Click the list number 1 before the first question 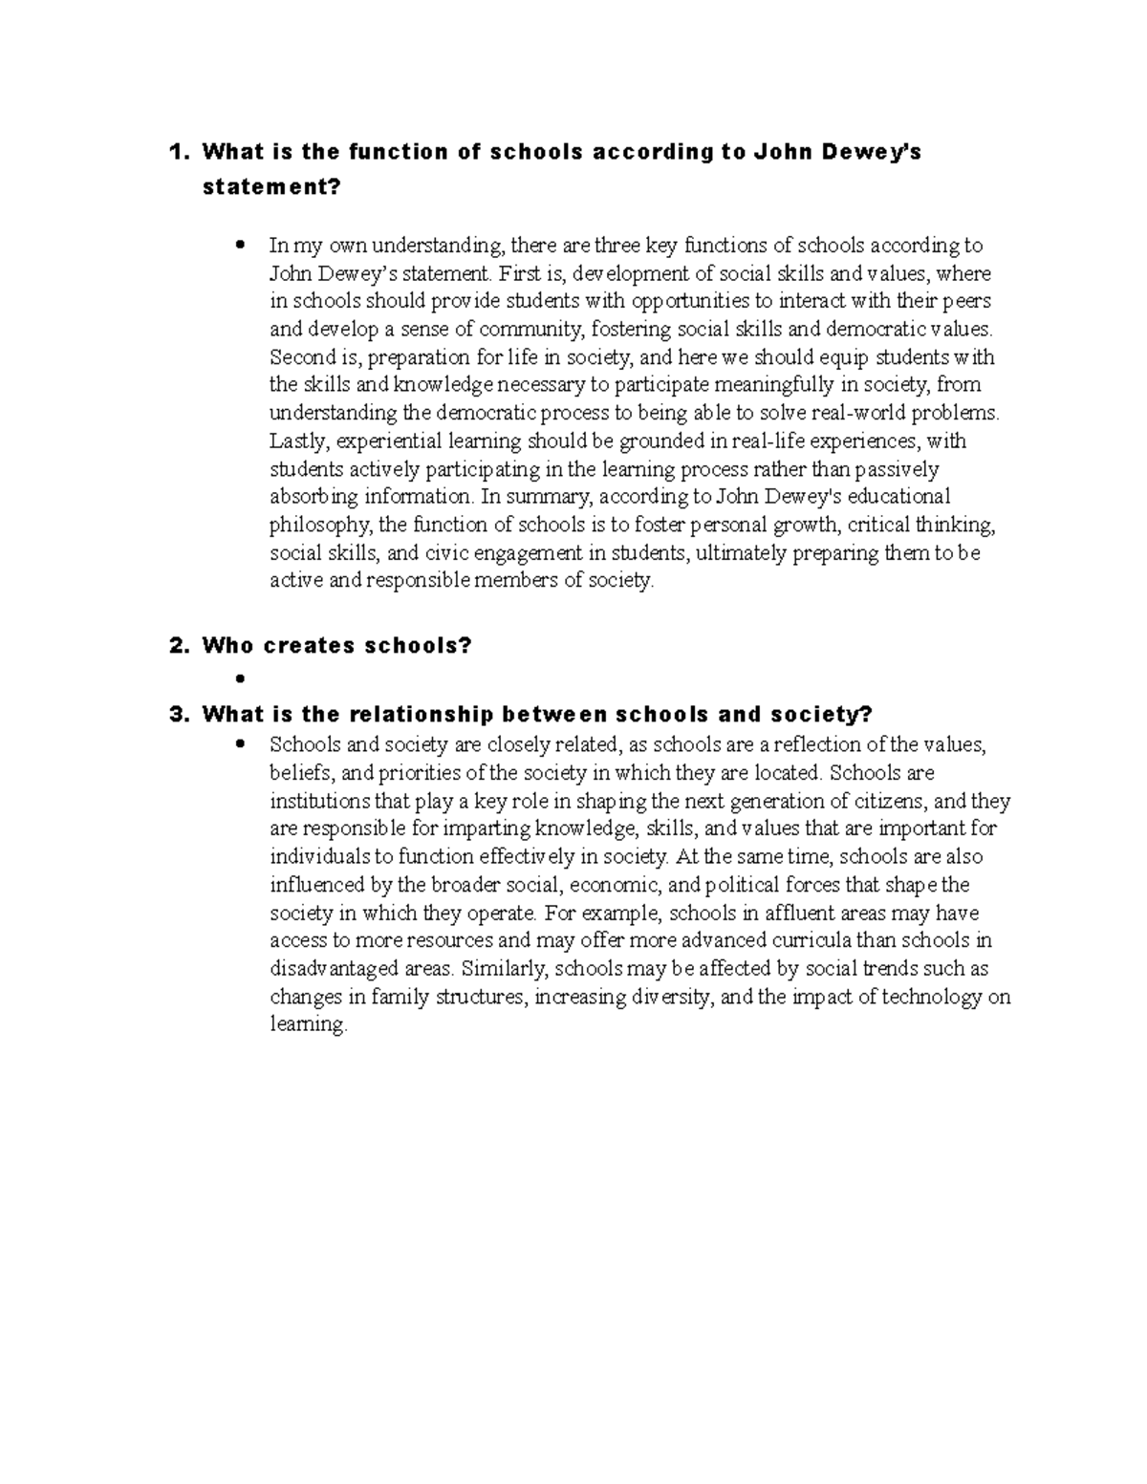point(174,152)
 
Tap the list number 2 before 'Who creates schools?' point(174,646)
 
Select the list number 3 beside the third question point(174,715)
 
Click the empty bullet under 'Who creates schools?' point(239,678)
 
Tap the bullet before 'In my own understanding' point(239,245)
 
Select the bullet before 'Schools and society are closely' point(239,743)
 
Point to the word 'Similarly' point(503,969)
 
